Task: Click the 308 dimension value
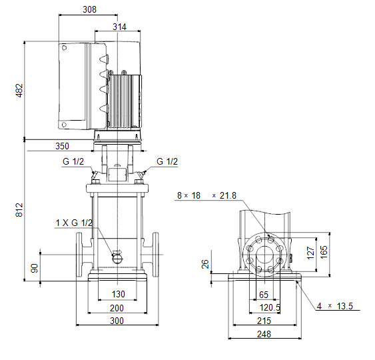click(x=90, y=9)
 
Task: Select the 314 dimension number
click(x=120, y=27)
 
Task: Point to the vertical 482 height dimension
click(x=19, y=90)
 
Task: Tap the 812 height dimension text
click(x=19, y=210)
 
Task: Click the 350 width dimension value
click(x=62, y=146)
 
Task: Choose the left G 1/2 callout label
click(x=73, y=161)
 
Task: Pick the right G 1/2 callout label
click(x=167, y=161)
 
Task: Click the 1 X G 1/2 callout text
click(x=74, y=223)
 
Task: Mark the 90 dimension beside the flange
click(x=35, y=268)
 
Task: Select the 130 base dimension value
click(x=119, y=294)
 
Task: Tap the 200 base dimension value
click(x=117, y=308)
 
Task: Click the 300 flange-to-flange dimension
click(x=117, y=321)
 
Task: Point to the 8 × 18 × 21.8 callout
click(x=206, y=195)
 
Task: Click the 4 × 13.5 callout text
click(x=335, y=306)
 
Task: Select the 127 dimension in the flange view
click(x=310, y=253)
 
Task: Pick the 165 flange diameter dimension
click(x=324, y=252)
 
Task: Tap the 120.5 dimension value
click(x=270, y=307)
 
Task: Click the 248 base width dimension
click(x=264, y=334)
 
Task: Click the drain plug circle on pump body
click(x=117, y=258)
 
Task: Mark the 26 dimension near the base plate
click(x=205, y=264)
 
